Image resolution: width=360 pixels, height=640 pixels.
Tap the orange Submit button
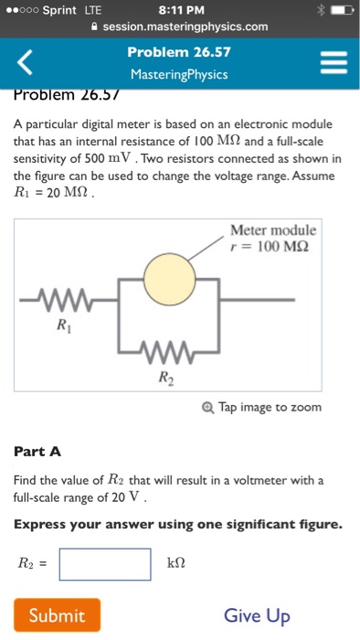57,615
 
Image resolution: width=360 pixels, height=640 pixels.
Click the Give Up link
257,615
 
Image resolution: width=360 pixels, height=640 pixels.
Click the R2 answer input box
105,564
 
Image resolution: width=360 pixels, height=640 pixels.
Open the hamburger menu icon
334,63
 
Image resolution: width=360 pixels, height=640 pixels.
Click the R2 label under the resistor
165,377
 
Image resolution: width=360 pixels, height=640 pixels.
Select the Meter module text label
273,229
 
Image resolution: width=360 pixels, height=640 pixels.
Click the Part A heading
38,452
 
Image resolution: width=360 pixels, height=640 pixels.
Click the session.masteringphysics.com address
185,27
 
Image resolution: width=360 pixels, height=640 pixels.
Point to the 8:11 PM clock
179,10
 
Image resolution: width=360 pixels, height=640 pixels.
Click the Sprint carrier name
59,10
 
